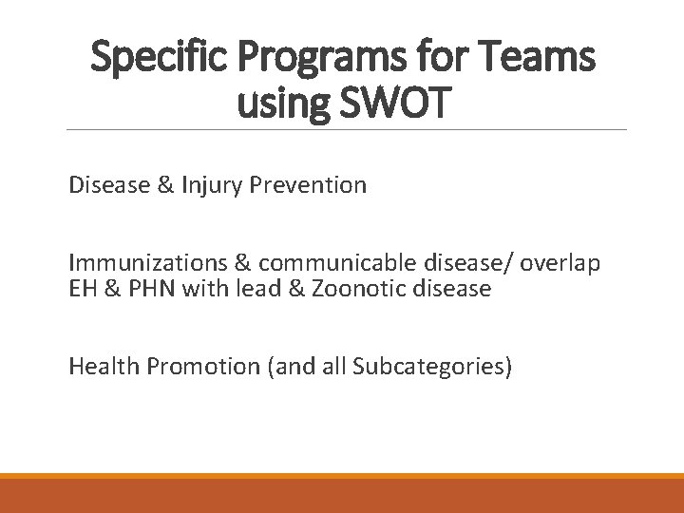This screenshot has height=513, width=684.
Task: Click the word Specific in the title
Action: [x=156, y=59]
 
